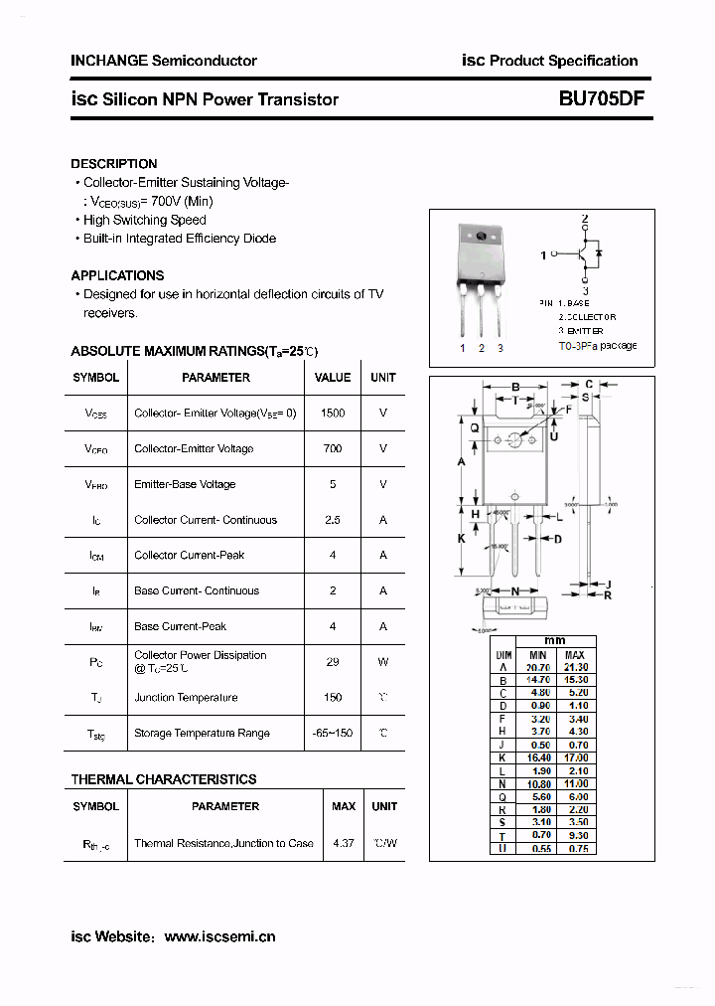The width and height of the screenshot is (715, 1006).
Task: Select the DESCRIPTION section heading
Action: point(113,164)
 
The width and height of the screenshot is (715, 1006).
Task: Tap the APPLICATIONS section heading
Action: point(117,275)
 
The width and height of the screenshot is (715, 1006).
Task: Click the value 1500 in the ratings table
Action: point(333,413)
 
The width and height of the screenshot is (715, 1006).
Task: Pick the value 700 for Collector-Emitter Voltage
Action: point(333,448)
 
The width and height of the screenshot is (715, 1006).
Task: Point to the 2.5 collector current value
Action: point(333,520)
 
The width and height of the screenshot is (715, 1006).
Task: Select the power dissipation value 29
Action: point(333,661)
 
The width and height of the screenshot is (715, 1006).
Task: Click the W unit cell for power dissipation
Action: point(383,661)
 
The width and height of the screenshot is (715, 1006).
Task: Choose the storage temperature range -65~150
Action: point(333,733)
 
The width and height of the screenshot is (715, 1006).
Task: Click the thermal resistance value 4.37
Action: point(344,843)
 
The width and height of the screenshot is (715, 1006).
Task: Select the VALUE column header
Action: point(333,378)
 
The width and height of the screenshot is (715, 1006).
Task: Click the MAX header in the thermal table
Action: point(344,806)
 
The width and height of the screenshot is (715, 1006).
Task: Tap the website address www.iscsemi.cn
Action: point(219,936)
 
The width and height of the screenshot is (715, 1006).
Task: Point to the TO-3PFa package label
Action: point(597,346)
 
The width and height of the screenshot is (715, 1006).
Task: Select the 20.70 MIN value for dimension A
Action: point(537,667)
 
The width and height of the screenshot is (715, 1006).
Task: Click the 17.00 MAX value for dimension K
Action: point(575,757)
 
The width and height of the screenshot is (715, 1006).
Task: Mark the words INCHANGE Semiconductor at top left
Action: point(164,61)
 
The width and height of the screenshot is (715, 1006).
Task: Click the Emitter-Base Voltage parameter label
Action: point(185,484)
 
